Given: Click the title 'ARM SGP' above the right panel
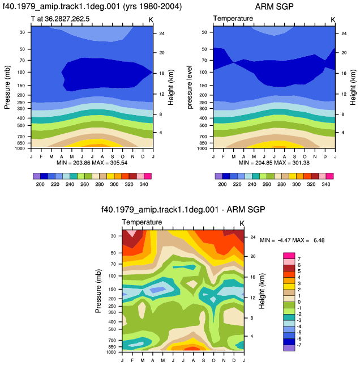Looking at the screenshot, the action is pos(274,7).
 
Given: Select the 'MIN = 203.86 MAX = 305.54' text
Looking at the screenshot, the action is pos(92,163).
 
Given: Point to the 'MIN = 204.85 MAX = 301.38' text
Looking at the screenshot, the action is pos(274,163).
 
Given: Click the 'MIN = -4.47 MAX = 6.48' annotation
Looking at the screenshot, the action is pos(292,240).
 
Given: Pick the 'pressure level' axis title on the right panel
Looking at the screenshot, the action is pos(190,87).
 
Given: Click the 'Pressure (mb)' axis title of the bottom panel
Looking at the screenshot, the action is pos(98,291).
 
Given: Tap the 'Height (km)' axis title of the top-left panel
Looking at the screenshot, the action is pos(171,87).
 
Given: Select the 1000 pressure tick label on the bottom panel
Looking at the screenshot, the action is pos(111,352).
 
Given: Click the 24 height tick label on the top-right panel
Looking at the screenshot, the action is pos(344,33).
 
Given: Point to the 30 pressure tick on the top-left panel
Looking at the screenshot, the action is pos(22,32).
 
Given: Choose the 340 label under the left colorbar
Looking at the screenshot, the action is pos(144,184).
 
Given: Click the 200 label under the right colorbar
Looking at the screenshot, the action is pos(222,184).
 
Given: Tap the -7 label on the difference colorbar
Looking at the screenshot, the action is pos(299,345).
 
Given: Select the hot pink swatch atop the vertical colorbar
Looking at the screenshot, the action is pos(289,256).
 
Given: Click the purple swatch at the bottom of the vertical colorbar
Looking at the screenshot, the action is pos(289,348).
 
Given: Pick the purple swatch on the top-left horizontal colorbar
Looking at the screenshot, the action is pos(36,176).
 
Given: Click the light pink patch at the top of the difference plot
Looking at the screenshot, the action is pos(132,233).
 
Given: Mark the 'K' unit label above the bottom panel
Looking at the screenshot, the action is pos(242,223).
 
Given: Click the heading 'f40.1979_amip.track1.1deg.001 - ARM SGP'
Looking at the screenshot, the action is pos(183,210).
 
